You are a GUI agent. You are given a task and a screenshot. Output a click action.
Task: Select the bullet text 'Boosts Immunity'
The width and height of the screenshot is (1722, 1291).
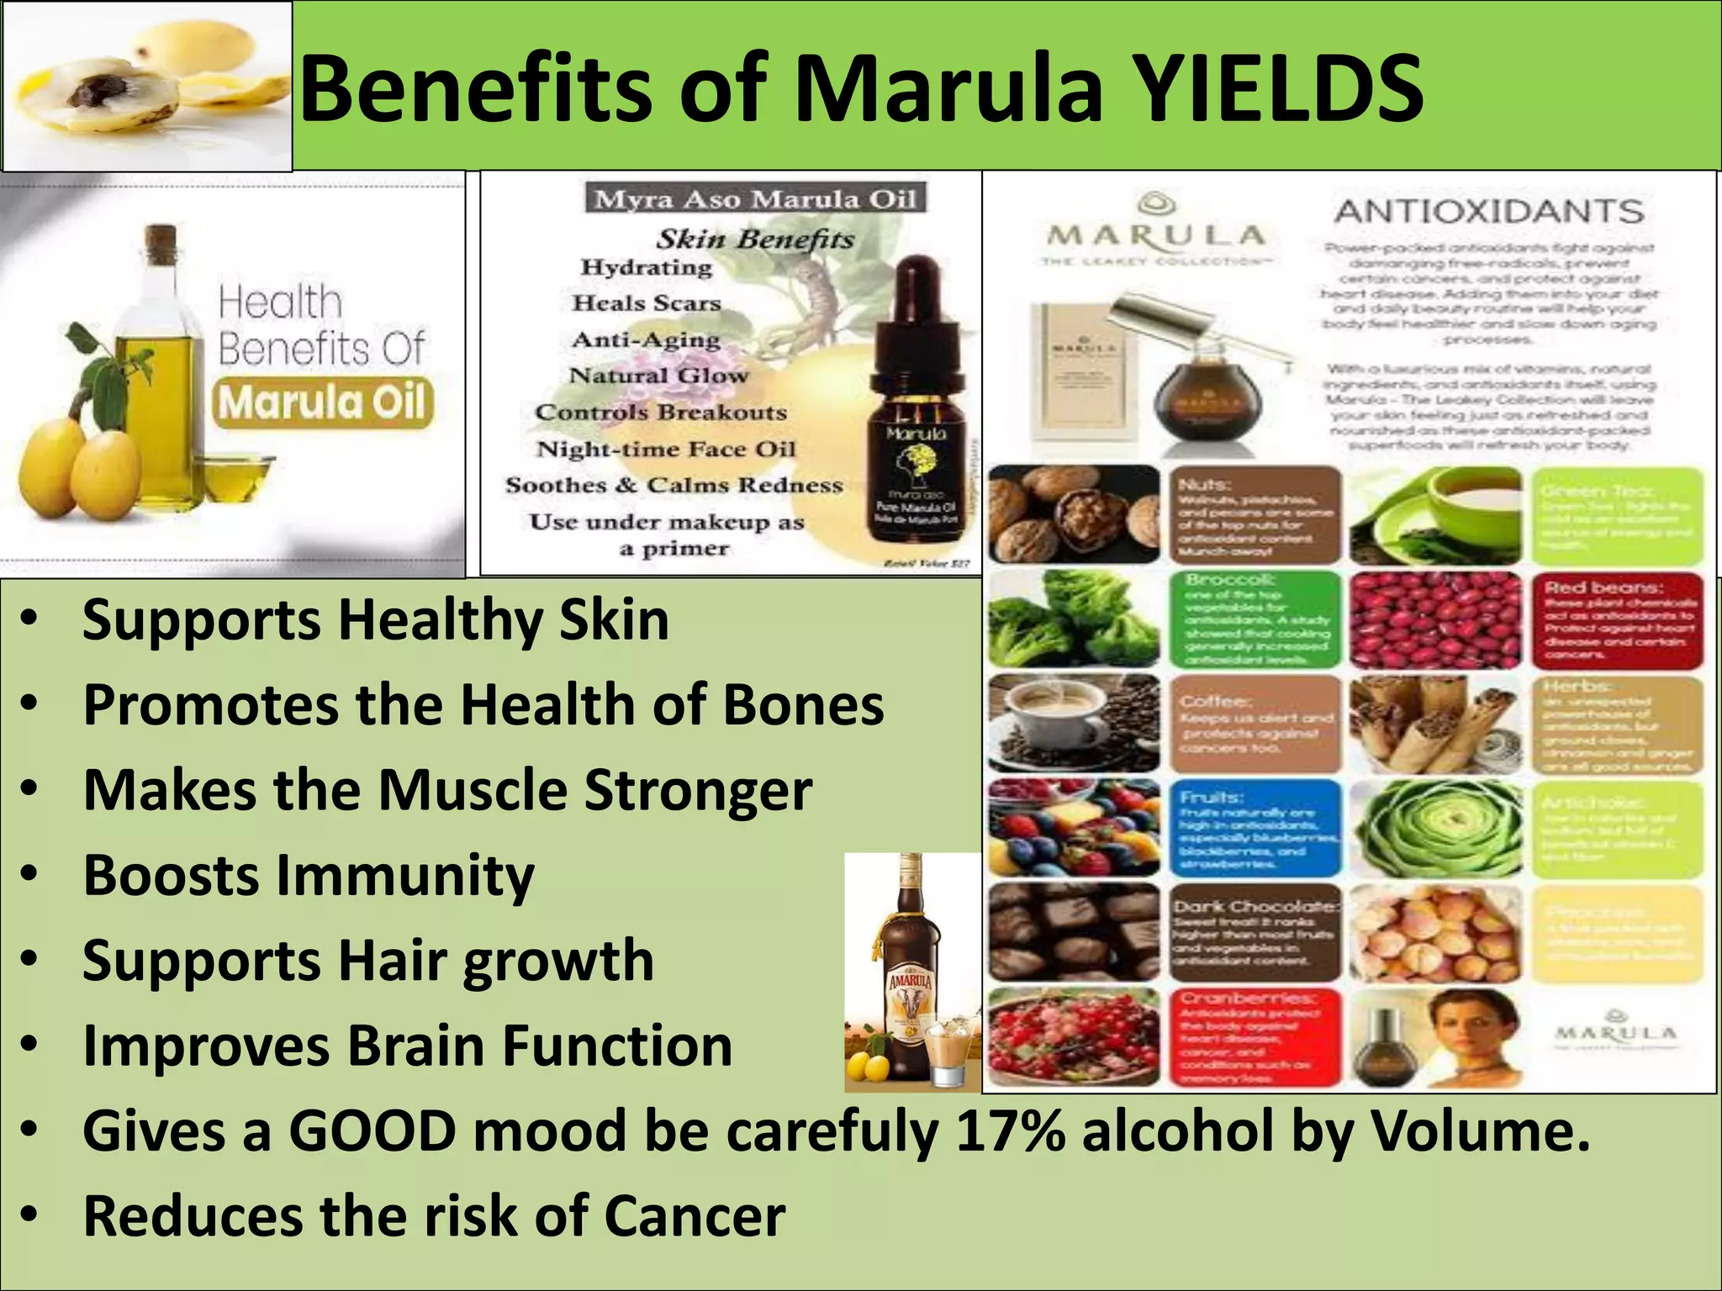click(x=308, y=875)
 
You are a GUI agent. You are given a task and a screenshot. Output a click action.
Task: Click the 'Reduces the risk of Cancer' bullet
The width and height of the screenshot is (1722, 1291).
click(x=434, y=1215)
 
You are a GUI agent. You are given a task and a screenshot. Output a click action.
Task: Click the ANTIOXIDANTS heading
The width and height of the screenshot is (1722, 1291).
click(x=1488, y=211)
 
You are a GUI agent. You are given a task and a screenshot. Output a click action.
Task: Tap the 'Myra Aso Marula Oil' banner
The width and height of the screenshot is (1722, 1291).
click(x=754, y=200)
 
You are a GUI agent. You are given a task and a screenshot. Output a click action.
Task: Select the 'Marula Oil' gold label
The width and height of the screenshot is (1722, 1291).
click(x=324, y=403)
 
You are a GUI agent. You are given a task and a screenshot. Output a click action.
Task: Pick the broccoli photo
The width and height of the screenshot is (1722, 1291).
click(x=1074, y=619)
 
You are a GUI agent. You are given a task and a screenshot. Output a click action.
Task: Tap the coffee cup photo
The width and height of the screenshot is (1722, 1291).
click(x=1074, y=723)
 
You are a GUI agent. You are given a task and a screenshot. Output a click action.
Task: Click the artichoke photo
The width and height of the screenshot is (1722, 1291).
click(x=1435, y=829)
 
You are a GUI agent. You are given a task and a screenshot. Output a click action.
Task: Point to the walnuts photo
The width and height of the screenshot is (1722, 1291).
click(x=1074, y=514)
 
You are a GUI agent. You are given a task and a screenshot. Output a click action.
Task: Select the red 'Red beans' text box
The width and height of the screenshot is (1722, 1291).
click(x=1619, y=619)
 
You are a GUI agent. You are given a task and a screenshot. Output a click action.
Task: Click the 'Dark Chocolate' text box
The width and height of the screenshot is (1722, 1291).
click(x=1255, y=933)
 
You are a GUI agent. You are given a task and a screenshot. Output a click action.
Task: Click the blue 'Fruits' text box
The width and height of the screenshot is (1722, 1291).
click(x=1255, y=829)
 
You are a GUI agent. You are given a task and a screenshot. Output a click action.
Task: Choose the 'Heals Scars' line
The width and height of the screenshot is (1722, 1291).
click(x=647, y=303)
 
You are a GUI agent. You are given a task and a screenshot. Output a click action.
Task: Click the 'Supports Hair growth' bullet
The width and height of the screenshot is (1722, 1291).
click(x=367, y=961)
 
